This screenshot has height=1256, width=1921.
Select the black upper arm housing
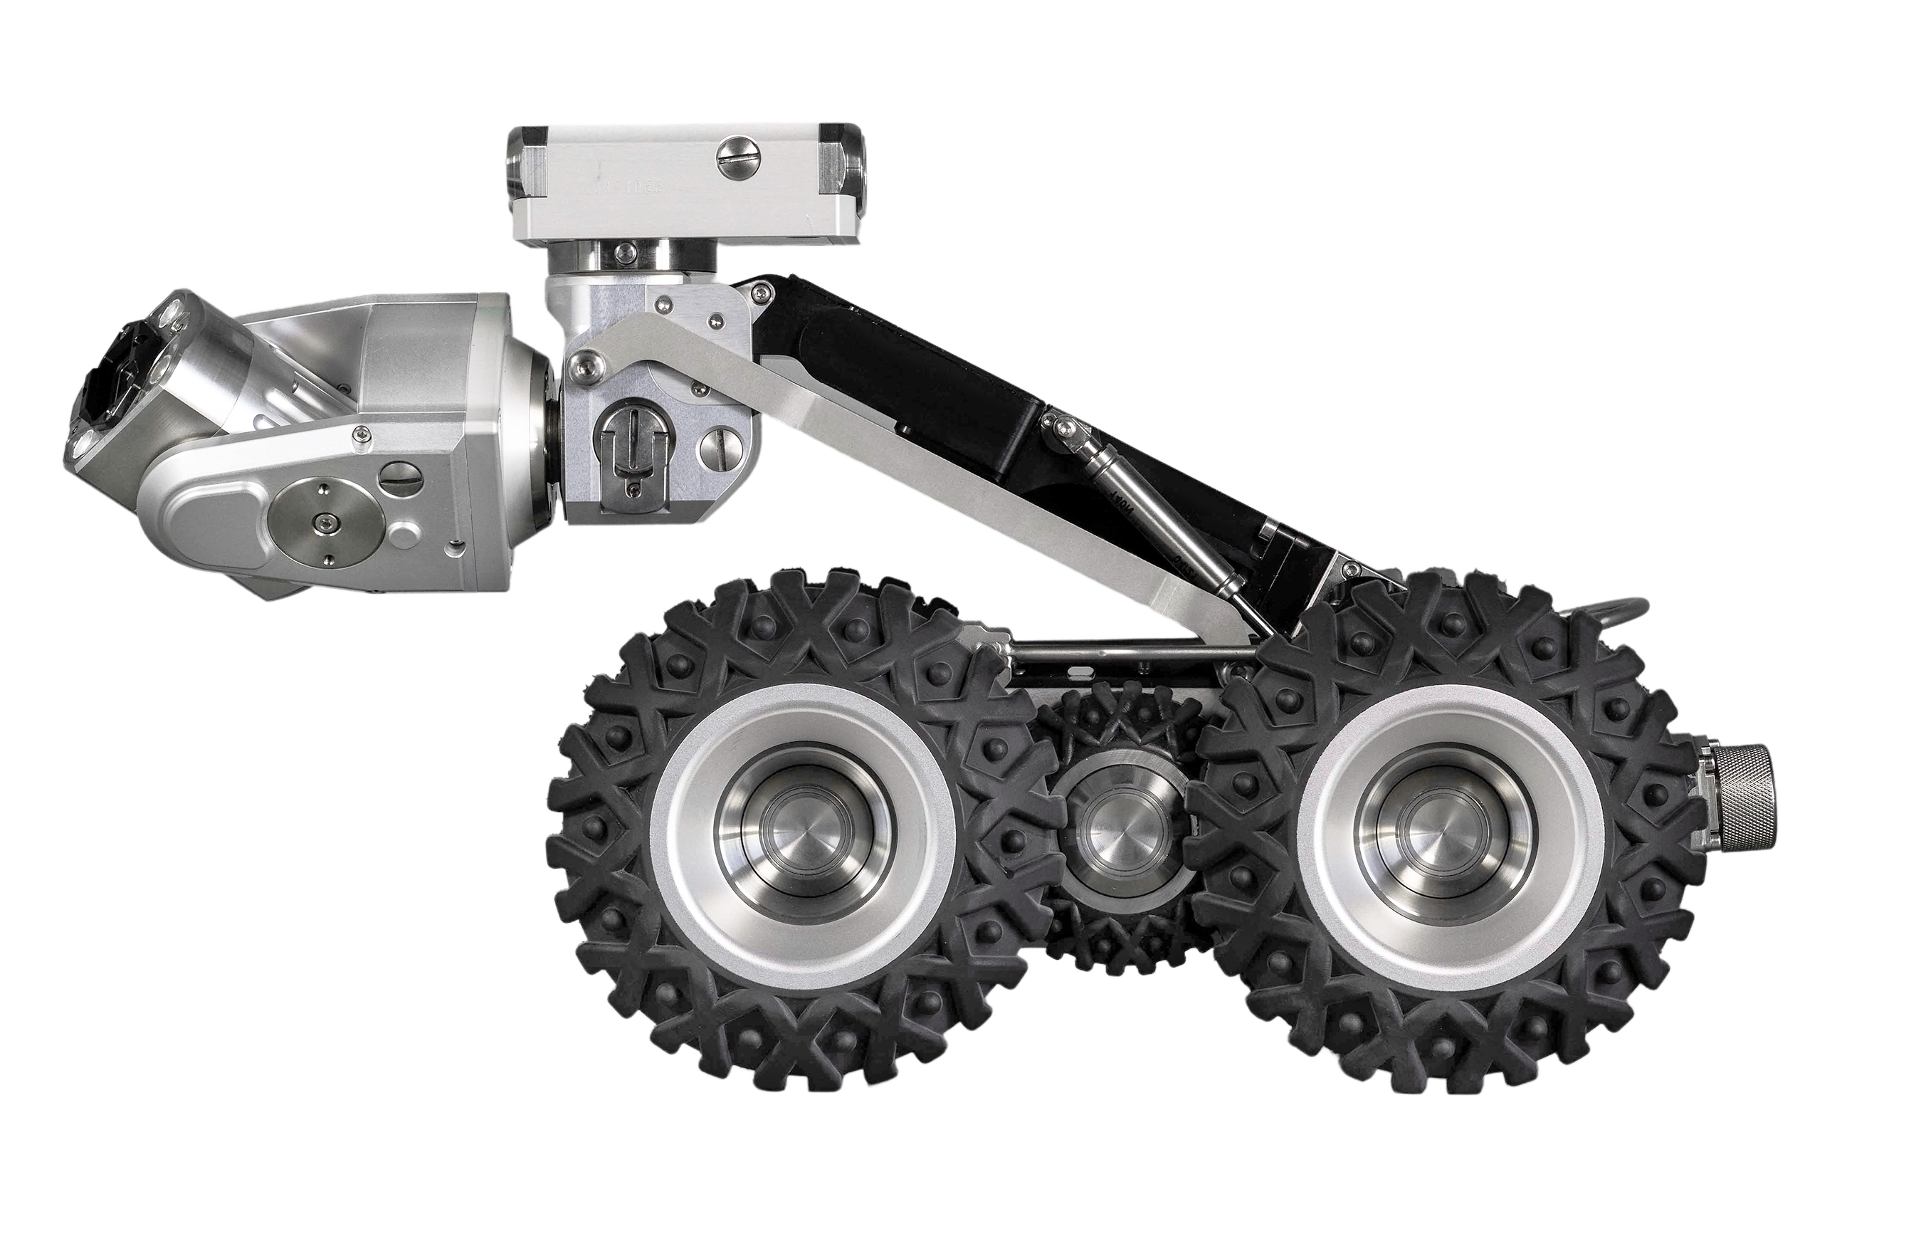click(x=928, y=380)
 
